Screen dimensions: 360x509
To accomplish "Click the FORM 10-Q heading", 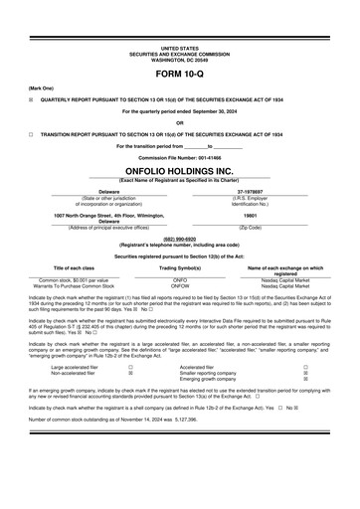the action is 180,75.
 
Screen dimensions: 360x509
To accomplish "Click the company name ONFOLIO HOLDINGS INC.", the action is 180,170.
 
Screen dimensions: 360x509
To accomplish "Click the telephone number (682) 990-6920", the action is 180,239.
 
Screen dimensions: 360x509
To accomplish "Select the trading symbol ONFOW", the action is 180,286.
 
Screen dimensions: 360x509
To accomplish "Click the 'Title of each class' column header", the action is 74,268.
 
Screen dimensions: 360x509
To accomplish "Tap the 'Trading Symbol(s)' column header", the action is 180,268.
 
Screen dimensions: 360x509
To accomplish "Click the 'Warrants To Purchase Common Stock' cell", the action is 74,286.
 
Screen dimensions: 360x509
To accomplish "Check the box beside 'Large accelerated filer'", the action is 130,367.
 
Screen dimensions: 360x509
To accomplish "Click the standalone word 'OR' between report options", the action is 180,123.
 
